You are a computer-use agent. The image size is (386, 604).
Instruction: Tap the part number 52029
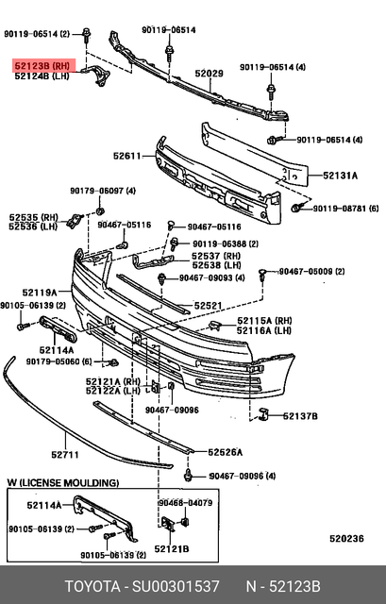(x=209, y=74)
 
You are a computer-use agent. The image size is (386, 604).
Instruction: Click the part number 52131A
(x=341, y=175)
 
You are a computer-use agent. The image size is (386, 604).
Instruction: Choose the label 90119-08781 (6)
(x=345, y=208)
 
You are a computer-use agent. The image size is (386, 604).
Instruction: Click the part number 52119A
(x=41, y=292)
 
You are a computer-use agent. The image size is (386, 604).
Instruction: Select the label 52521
(x=209, y=306)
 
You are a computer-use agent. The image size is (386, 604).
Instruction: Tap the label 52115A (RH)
(x=262, y=320)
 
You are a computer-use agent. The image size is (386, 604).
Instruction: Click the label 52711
(x=64, y=455)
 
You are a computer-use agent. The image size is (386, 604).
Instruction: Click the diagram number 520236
(x=345, y=539)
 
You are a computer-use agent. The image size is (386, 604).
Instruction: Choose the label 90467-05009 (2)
(x=318, y=272)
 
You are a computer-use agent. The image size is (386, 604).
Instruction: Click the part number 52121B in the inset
(x=173, y=548)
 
